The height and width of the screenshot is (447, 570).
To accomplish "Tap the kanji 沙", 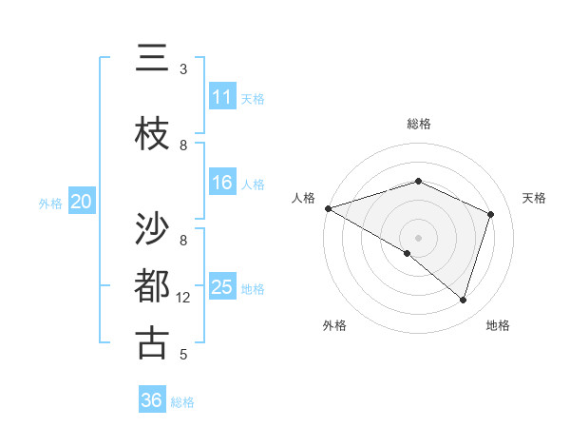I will tap(152, 229).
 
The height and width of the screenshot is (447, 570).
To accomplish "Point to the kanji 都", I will tap(152, 286).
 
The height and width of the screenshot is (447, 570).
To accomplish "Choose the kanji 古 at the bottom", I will tap(152, 343).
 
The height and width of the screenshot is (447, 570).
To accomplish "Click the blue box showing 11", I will tap(222, 97).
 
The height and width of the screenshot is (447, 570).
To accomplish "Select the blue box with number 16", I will tap(222, 183).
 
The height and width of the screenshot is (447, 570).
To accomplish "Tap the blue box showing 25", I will tap(222, 287).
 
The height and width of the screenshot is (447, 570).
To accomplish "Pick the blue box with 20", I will tap(82, 202).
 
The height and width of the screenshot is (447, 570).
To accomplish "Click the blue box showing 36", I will tap(152, 400).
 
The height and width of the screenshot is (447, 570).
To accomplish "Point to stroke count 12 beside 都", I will tap(183, 298).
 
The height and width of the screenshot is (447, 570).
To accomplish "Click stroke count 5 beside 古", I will tap(183, 355).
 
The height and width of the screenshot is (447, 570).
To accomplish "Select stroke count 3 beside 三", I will tap(183, 69).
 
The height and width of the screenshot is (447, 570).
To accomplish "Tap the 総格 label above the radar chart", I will tap(418, 124).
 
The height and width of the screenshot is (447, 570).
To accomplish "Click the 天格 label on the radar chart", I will tap(534, 198).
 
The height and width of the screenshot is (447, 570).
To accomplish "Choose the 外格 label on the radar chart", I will tap(334, 326).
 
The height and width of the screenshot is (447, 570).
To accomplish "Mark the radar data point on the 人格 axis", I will tap(328, 208).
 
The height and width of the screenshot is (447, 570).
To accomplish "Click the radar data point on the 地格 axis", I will tap(463, 300).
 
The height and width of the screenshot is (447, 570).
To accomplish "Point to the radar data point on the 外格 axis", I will tap(408, 253).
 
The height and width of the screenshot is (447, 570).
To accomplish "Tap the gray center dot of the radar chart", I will tap(418, 237).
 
